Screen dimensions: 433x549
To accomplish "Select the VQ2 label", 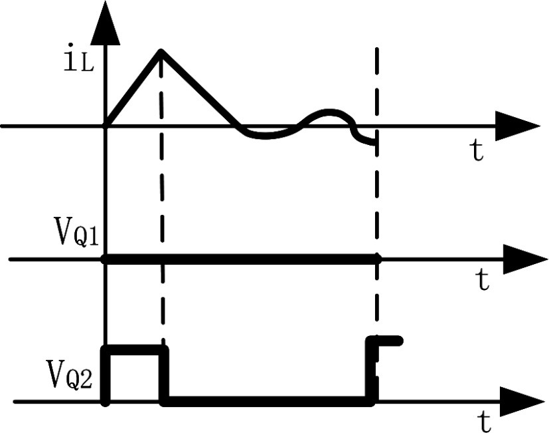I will pos(74,378).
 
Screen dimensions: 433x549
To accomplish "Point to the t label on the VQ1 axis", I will pos(483,280).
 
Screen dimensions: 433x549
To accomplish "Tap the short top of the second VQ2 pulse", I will pos(388,341).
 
